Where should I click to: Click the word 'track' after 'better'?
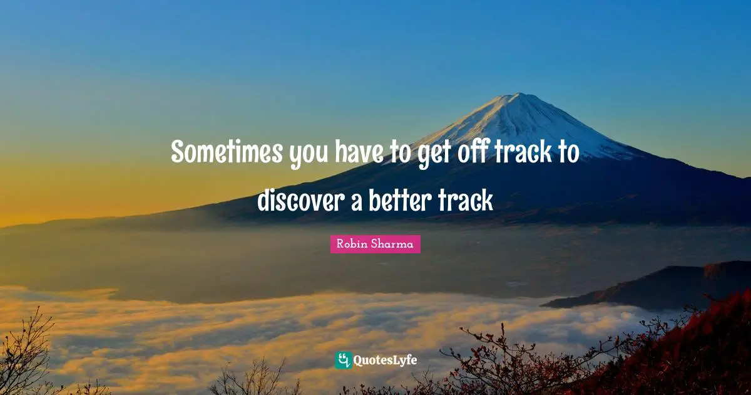(x=466, y=201)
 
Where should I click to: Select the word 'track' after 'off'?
(x=524, y=152)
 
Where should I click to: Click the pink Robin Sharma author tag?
(x=375, y=245)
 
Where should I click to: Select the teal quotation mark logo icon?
(x=343, y=360)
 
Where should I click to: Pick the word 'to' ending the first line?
(x=568, y=152)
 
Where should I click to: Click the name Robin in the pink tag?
(x=350, y=245)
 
